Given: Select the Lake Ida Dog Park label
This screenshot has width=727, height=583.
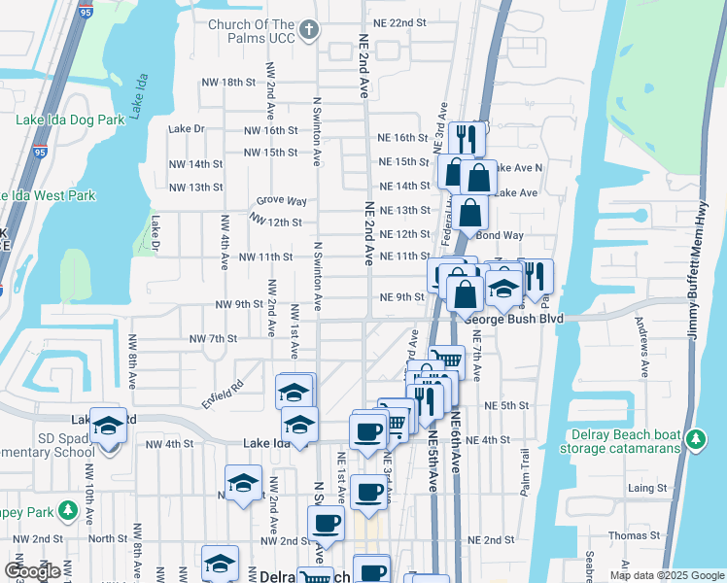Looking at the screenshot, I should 70,120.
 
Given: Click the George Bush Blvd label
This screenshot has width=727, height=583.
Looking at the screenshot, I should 514,318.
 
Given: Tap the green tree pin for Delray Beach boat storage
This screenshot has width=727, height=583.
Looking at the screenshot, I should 696,439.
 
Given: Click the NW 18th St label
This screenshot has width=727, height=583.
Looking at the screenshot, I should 223,83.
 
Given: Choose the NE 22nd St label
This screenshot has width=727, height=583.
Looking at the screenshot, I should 401,22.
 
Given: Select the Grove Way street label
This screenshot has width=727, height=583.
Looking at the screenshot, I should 282,201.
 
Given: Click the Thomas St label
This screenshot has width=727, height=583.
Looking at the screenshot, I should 634,535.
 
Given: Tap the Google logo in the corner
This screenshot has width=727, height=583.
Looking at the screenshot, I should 33,570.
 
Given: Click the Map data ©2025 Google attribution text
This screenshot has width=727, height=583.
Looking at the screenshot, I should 667,575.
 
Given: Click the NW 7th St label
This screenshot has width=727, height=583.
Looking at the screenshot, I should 214,338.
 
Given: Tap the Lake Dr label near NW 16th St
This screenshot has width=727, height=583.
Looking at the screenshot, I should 187,128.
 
